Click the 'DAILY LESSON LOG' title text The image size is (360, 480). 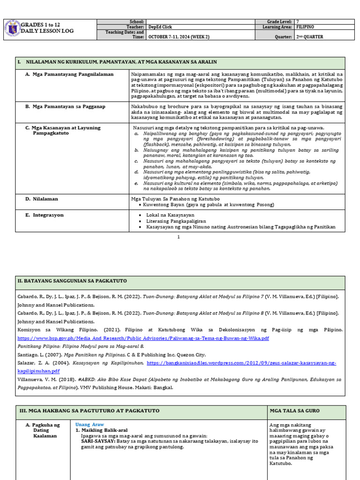[x=47, y=31]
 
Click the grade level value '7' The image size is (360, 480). [x=297, y=22]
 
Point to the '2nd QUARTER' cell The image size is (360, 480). [x=310, y=37]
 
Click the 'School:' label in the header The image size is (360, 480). [x=136, y=22]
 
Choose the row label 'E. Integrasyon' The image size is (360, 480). [x=45, y=215]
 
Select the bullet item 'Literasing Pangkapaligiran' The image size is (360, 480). [x=176, y=221]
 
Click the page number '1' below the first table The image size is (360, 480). [x=179, y=237]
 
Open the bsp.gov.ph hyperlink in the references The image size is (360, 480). [x=143, y=338]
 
